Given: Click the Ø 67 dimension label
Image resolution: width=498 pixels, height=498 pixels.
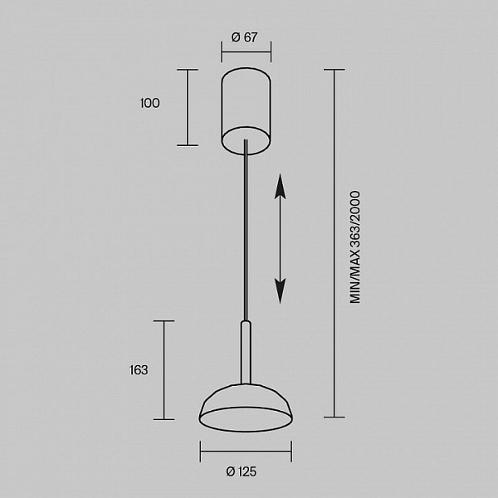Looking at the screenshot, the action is (244, 37).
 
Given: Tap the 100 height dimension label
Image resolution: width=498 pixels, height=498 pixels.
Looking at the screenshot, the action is (149, 103).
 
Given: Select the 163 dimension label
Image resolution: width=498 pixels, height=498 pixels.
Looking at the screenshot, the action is (139, 370).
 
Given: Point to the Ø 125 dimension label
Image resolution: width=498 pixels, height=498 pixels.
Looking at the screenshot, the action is (241, 471).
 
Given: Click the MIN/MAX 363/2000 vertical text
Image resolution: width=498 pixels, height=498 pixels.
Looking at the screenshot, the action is (355, 247).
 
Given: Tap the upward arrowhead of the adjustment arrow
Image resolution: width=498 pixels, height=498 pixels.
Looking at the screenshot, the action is (281, 187).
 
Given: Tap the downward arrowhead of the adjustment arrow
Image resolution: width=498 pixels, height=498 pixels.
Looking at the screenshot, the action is (281, 291).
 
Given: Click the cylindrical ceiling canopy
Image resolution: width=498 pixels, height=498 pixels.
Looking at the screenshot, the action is (247, 111).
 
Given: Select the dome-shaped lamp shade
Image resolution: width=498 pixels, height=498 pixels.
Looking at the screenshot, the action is (246, 408).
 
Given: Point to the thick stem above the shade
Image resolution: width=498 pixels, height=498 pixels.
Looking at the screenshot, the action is (246, 353).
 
